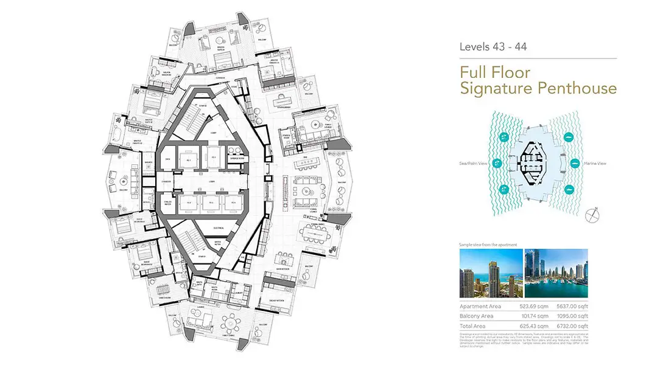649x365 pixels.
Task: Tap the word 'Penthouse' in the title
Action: click(577, 88)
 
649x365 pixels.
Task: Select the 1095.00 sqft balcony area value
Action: click(573, 316)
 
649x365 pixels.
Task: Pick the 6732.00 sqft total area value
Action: click(573, 326)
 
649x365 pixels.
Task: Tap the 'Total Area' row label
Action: click(473, 326)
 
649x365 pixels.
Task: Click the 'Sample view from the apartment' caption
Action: click(488, 245)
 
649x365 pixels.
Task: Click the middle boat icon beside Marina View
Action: click(574, 163)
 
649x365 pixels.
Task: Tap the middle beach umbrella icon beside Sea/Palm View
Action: click(497, 163)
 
